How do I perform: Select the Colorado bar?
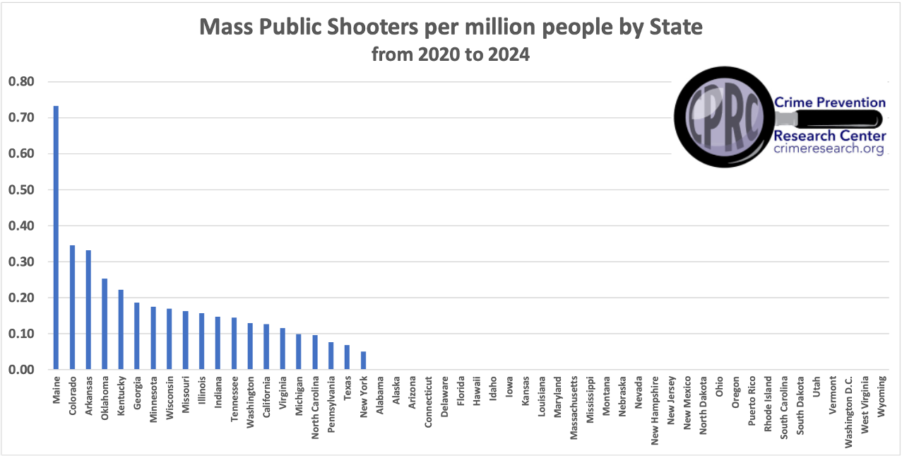click(72, 307)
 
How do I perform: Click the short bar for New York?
click(363, 361)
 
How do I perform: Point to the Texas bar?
click(347, 357)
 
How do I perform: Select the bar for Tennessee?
click(234, 344)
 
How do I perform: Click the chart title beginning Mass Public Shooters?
click(451, 28)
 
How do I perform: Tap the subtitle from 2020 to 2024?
click(451, 54)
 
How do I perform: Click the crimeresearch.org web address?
click(829, 148)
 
